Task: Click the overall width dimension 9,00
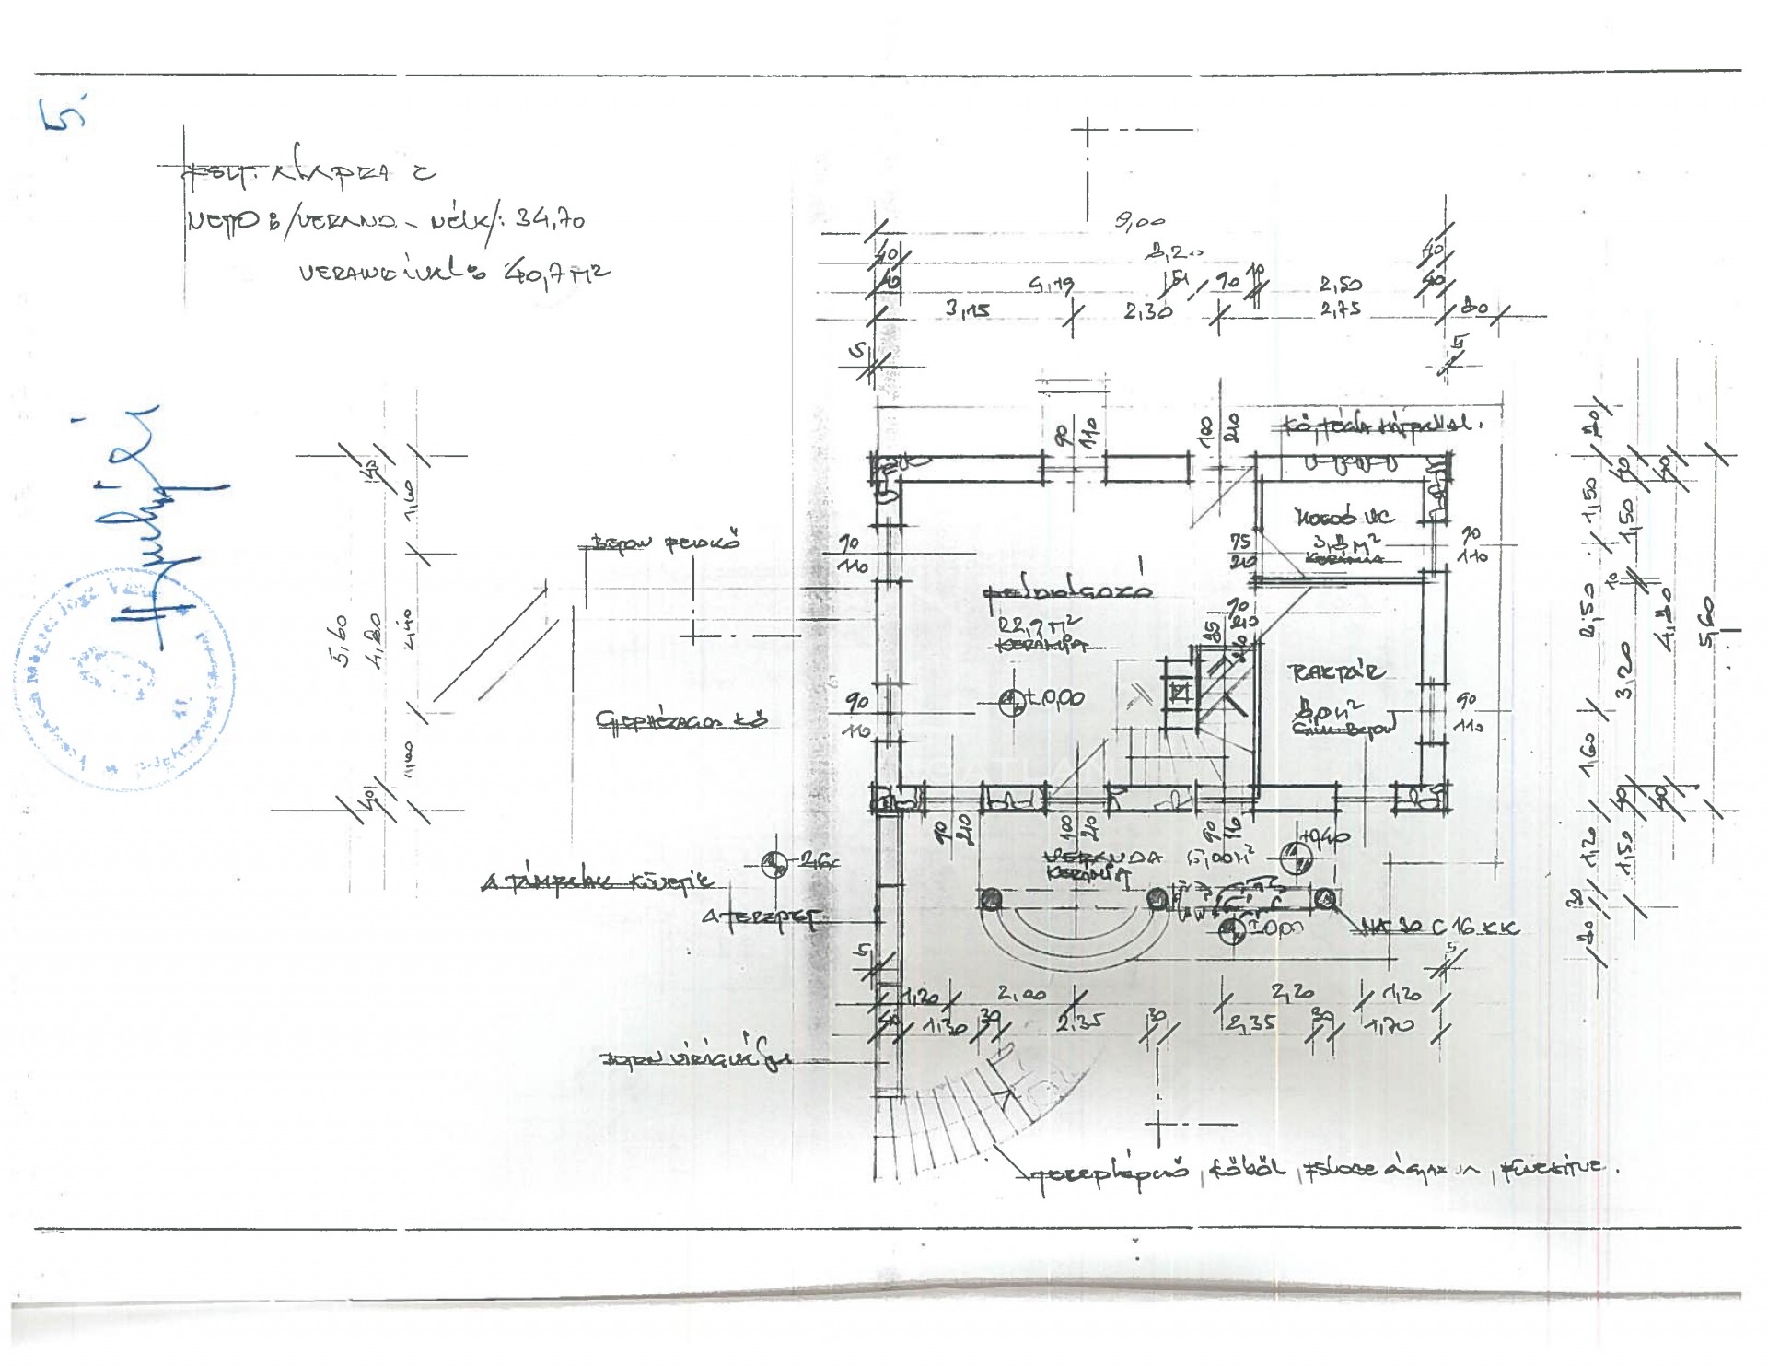click(1139, 222)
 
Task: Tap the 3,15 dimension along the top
click(967, 309)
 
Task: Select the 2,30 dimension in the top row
click(1147, 311)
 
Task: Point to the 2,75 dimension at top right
click(1340, 309)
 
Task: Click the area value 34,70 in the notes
click(549, 219)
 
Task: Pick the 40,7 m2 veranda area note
click(556, 273)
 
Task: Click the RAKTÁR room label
click(1336, 671)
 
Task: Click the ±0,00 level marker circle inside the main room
click(1012, 702)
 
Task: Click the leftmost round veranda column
click(991, 899)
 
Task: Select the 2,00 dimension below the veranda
click(1021, 994)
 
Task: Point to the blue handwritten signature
click(166, 534)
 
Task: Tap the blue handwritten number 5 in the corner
click(64, 116)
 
